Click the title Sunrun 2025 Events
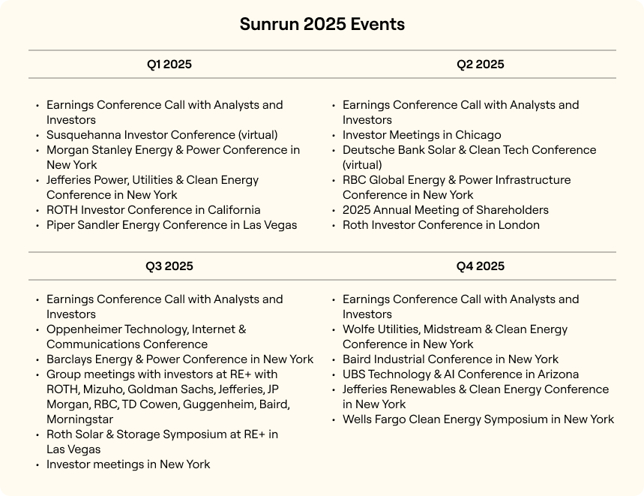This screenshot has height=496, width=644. tap(322, 24)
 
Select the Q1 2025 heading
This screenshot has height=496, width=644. tap(169, 65)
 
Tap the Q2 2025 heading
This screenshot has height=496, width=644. tap(480, 65)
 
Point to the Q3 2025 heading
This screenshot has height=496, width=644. tap(169, 266)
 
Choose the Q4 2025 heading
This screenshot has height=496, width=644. tap(480, 266)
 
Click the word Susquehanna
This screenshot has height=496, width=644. tap(82, 135)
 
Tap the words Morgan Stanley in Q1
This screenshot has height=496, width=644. tap(85, 150)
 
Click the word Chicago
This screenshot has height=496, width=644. tap(477, 135)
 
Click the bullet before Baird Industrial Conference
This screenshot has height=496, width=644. tap(334, 360)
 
